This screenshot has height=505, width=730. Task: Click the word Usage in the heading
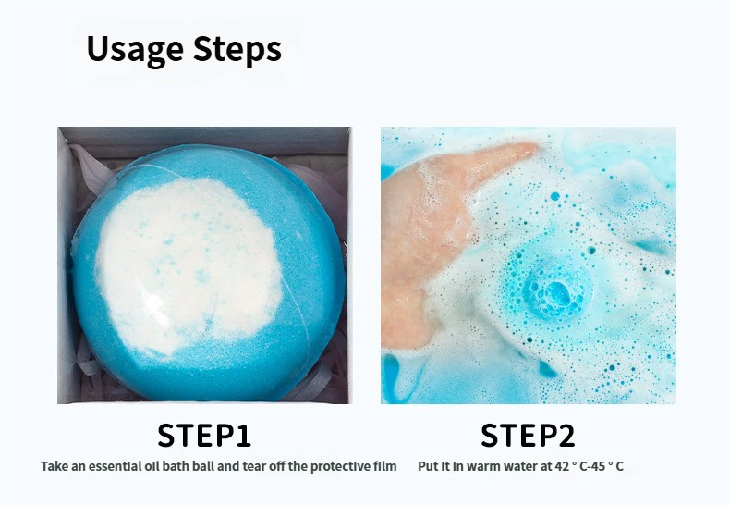coord(135,50)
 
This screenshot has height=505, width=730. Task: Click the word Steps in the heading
coord(237,50)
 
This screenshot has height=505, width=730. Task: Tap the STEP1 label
coord(204,435)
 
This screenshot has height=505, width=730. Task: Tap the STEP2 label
coord(528,435)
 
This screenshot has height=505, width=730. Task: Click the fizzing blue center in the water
coord(557,292)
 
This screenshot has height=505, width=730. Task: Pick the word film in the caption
coord(385,466)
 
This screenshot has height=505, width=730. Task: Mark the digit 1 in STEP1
coord(245,435)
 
